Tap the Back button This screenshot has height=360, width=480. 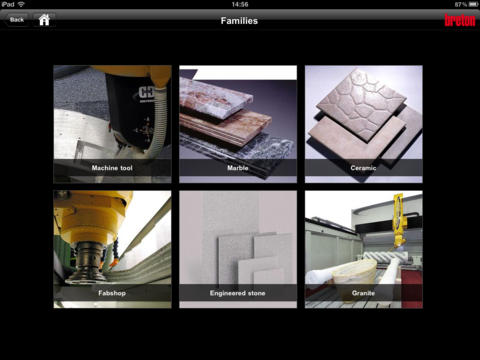click(x=16, y=20)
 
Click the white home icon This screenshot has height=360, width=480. click(x=44, y=20)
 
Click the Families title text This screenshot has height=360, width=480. click(x=239, y=21)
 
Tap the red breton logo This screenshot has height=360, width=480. click(x=460, y=20)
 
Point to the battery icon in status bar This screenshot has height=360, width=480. click(x=473, y=4)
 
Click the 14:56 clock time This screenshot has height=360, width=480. click(x=240, y=4)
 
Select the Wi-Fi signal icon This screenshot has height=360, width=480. click(x=21, y=4)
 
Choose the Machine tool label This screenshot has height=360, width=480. click(x=112, y=168)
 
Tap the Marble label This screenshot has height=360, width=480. click(x=238, y=168)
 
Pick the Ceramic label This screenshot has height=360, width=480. click(x=363, y=168)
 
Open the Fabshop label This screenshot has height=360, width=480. click(x=112, y=293)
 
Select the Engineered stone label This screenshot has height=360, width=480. click(x=238, y=293)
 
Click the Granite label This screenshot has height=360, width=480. click(x=363, y=293)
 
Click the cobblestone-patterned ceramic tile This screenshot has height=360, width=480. click(x=362, y=103)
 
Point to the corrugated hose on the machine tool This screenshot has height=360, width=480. click(x=159, y=123)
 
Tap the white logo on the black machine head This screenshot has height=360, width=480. click(x=146, y=93)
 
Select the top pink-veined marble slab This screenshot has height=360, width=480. click(x=215, y=98)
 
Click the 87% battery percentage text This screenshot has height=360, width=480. click(x=461, y=4)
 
